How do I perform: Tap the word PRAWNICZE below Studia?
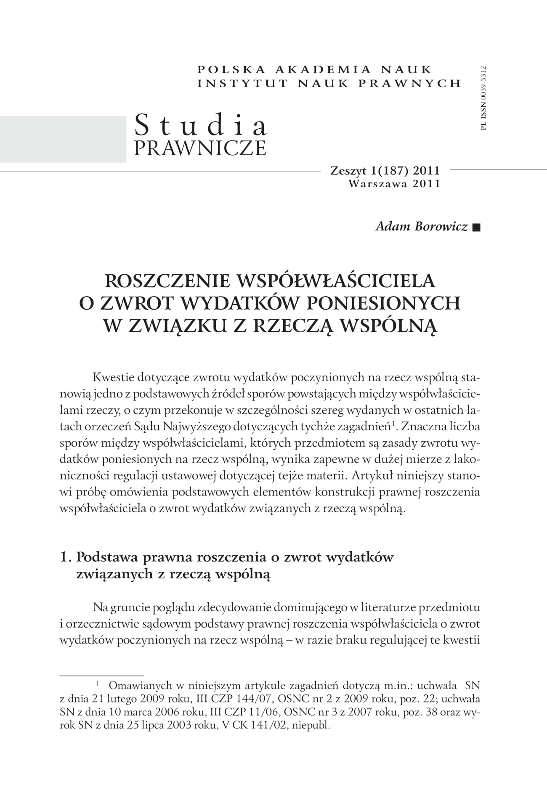click(200, 148)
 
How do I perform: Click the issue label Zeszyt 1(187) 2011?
click(385, 171)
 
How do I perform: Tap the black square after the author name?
click(476, 228)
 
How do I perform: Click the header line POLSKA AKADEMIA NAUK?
click(315, 69)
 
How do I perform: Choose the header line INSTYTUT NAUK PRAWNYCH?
click(329, 83)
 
